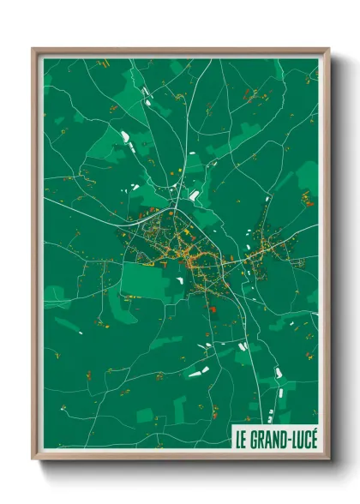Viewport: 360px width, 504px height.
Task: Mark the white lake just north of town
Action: coord(195,195)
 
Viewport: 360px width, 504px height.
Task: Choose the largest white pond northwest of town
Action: coord(126,137)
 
